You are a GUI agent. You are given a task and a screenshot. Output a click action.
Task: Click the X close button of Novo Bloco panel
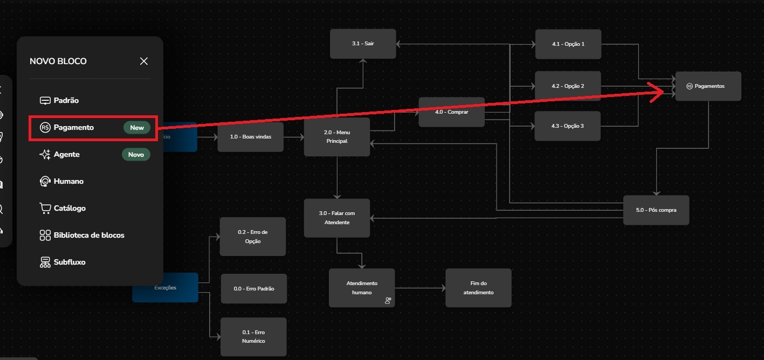coord(144,61)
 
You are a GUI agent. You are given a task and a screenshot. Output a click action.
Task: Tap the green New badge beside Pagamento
coord(137,128)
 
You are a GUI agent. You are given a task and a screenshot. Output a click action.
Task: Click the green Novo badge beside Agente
coord(136,155)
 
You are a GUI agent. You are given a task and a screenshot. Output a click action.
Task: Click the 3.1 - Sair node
coord(363,44)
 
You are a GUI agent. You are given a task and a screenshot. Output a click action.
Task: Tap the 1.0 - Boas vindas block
coord(250,137)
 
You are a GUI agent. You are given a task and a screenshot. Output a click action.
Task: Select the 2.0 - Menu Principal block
coord(337,137)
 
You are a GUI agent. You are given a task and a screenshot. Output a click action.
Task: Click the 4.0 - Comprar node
coord(451,112)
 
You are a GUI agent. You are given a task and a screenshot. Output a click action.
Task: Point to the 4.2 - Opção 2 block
coord(568,86)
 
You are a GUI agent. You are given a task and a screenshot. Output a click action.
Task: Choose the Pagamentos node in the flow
coord(708,86)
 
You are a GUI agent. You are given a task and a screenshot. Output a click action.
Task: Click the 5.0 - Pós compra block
coord(656,210)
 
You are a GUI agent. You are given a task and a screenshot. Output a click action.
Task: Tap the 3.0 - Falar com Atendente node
coord(337,218)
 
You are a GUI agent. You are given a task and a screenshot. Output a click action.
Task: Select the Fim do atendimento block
coord(478,288)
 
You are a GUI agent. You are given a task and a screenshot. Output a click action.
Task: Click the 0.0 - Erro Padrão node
coord(253,289)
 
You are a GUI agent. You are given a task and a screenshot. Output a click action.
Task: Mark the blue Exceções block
coord(165,288)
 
